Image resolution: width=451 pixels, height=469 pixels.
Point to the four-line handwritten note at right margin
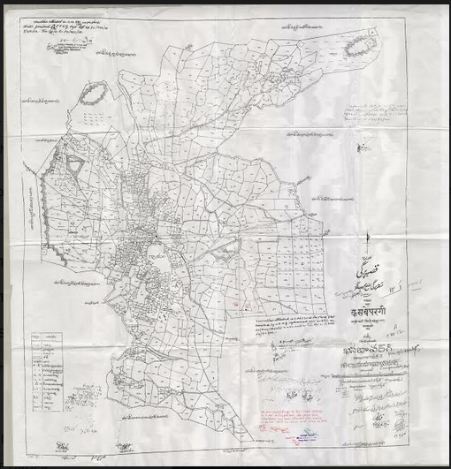376,116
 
